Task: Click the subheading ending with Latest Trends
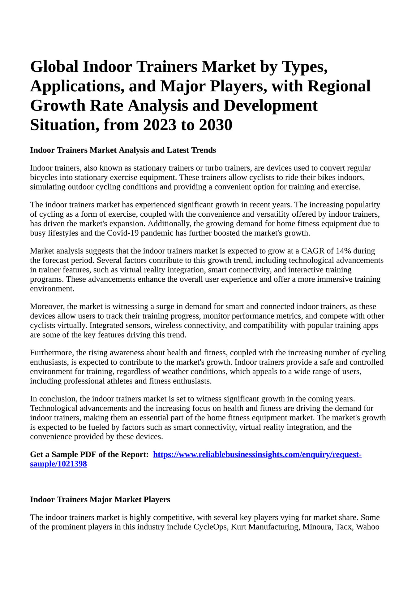(x=123, y=150)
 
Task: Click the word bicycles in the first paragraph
(x=42, y=177)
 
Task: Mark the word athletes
(x=118, y=381)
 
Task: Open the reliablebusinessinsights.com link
(x=257, y=455)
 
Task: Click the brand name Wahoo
(x=368, y=527)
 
